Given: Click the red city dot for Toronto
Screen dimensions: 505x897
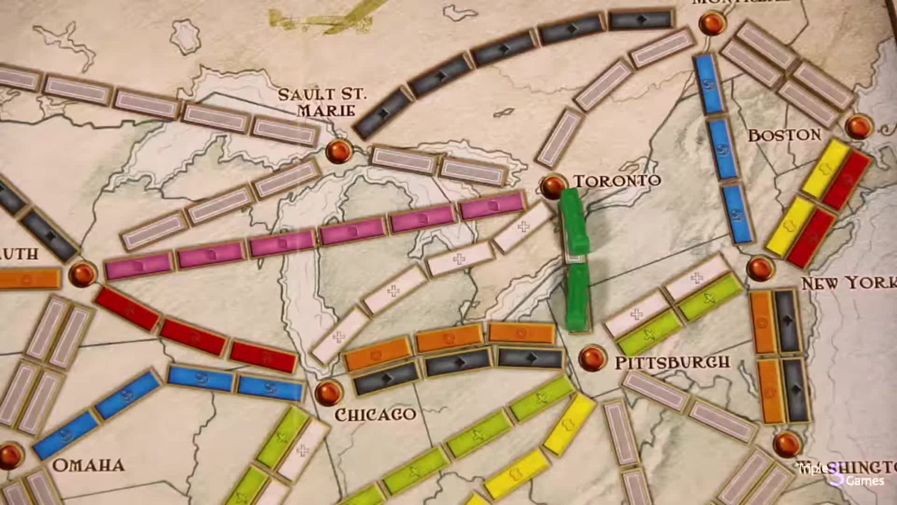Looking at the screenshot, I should tap(552, 185).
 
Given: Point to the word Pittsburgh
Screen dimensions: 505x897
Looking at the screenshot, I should tap(672, 362).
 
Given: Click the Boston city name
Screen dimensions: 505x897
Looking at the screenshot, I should tap(784, 135).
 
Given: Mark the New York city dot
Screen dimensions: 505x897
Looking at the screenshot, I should tap(760, 268).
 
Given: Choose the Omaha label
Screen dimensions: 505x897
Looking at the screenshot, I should tap(88, 465).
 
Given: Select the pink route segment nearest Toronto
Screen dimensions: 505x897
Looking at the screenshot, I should tap(492, 206).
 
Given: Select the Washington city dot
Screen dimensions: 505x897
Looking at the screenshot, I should tap(786, 444).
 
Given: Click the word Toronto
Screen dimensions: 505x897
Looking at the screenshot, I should tap(617, 180).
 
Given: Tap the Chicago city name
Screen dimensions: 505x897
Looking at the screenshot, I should tap(375, 414).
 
